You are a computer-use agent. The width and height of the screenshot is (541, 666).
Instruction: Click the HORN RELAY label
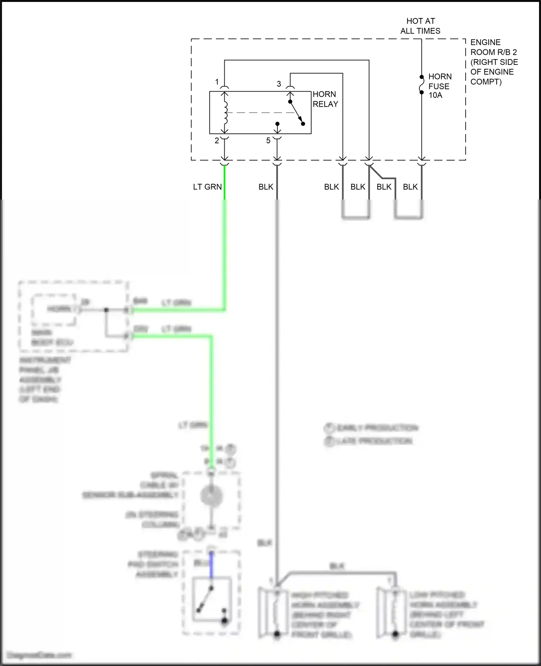pyautogui.click(x=325, y=99)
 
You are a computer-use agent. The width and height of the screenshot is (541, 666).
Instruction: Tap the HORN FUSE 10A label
pyautogui.click(x=440, y=86)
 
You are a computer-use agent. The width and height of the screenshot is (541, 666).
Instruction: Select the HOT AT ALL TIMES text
pyautogui.click(x=420, y=26)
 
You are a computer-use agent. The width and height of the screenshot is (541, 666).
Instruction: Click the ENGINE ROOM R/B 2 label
pyautogui.click(x=494, y=62)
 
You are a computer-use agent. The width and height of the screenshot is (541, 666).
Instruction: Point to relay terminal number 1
pyautogui.click(x=217, y=82)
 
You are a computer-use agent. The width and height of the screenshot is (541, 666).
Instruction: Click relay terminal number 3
pyautogui.click(x=279, y=84)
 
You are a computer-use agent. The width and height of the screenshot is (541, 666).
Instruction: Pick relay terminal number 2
pyautogui.click(x=217, y=141)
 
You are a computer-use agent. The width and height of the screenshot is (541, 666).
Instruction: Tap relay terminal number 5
pyautogui.click(x=268, y=141)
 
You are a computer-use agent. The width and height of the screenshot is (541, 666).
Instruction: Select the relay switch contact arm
pyautogui.click(x=296, y=113)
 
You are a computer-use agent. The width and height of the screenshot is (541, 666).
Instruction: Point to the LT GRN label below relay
pyautogui.click(x=207, y=187)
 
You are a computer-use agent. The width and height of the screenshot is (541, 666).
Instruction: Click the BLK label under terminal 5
pyautogui.click(x=266, y=187)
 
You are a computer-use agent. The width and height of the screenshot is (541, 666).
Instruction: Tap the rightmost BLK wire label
pyautogui.click(x=410, y=187)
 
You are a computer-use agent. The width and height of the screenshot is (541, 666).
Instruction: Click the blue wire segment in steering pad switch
pyautogui.click(x=212, y=565)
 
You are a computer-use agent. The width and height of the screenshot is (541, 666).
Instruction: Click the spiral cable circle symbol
pyautogui.click(x=212, y=496)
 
